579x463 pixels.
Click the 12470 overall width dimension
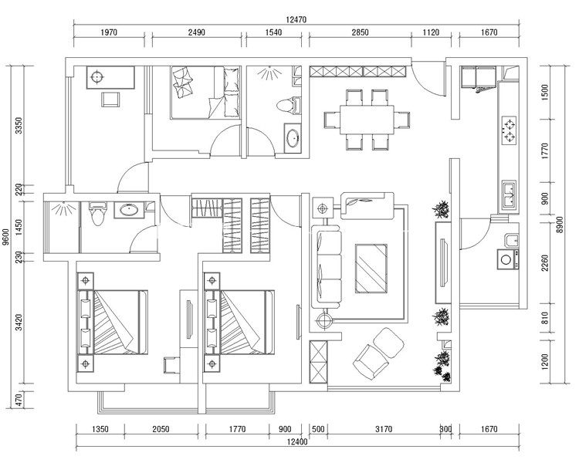tap(296, 19)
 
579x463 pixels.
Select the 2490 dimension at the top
tap(196, 32)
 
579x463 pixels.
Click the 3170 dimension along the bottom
tap(384, 429)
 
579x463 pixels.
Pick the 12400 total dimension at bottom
tap(297, 441)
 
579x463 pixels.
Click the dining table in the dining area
tap(367, 120)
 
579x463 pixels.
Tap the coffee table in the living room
tap(371, 269)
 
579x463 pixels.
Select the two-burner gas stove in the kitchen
tap(510, 130)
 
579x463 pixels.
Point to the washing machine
tap(506, 259)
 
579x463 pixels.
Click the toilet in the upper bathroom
tap(289, 104)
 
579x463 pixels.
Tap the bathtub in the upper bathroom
tap(293, 137)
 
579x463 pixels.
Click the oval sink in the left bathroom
tap(129, 211)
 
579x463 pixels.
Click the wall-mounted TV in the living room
tap(444, 262)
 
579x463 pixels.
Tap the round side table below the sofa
tap(323, 320)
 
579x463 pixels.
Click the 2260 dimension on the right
tap(545, 262)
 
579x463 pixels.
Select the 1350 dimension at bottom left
tap(100, 429)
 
